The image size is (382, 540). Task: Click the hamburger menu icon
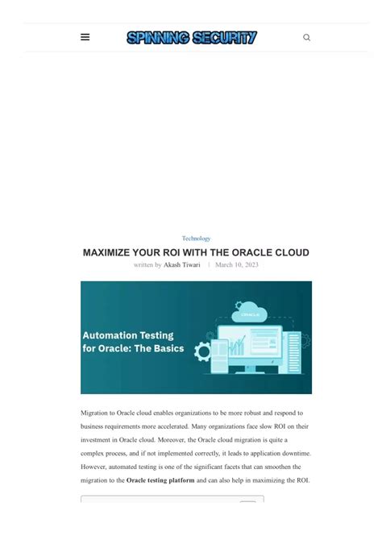(x=85, y=37)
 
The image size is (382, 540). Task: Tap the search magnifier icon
(x=306, y=37)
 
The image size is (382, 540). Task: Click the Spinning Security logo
(x=192, y=37)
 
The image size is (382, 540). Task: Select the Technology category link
(x=196, y=239)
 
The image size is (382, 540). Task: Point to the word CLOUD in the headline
(x=291, y=252)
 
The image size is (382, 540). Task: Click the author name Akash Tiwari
(x=182, y=264)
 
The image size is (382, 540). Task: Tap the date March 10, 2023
(x=237, y=264)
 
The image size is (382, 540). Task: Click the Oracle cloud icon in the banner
(x=250, y=312)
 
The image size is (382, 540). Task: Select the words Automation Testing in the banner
(x=128, y=335)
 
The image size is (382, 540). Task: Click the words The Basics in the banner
(x=161, y=349)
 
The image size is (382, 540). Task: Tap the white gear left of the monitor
(x=203, y=352)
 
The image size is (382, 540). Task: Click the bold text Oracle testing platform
(x=160, y=480)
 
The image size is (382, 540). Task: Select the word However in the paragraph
(x=95, y=467)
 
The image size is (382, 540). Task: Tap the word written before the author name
(x=147, y=264)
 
